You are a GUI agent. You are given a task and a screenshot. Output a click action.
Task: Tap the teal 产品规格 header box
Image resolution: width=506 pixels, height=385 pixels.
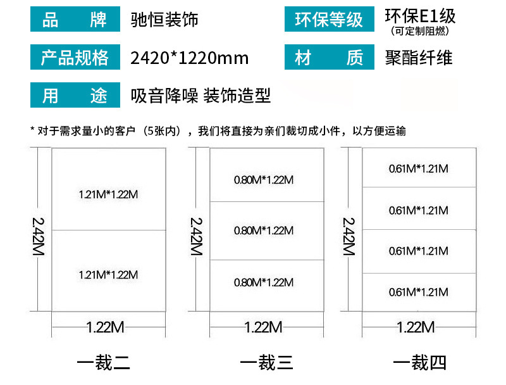pyautogui.click(x=75, y=58)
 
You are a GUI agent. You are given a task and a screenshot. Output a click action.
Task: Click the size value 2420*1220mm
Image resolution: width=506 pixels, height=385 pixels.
pyautogui.click(x=189, y=58)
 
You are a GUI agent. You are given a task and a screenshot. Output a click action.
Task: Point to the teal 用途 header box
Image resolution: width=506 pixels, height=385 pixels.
pyautogui.click(x=75, y=96)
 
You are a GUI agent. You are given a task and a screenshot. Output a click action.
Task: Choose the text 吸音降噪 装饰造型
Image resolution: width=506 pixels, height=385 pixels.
pyautogui.click(x=201, y=96)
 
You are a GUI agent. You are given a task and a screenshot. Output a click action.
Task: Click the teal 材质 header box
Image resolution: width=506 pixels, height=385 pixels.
pyautogui.click(x=329, y=58)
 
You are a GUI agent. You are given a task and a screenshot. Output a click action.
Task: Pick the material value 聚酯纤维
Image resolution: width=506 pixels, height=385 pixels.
pyautogui.click(x=418, y=58)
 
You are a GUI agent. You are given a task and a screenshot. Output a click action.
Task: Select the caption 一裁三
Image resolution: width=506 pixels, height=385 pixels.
pyautogui.click(x=266, y=363)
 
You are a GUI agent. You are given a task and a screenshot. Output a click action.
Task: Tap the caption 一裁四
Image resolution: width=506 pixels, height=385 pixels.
pyautogui.click(x=420, y=363)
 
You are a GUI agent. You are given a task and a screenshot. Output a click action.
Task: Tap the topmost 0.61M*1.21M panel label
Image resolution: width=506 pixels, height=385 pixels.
pyautogui.click(x=418, y=168)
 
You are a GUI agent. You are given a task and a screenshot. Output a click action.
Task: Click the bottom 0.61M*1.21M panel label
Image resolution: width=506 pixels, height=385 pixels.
pyautogui.click(x=418, y=292)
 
